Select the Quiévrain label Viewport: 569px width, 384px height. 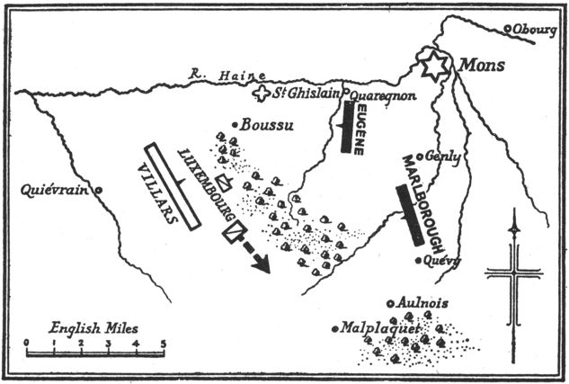(x=58, y=190)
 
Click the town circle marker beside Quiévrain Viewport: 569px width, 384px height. (x=99, y=190)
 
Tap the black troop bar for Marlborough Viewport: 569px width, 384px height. (x=409, y=214)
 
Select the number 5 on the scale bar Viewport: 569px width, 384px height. (x=163, y=343)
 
